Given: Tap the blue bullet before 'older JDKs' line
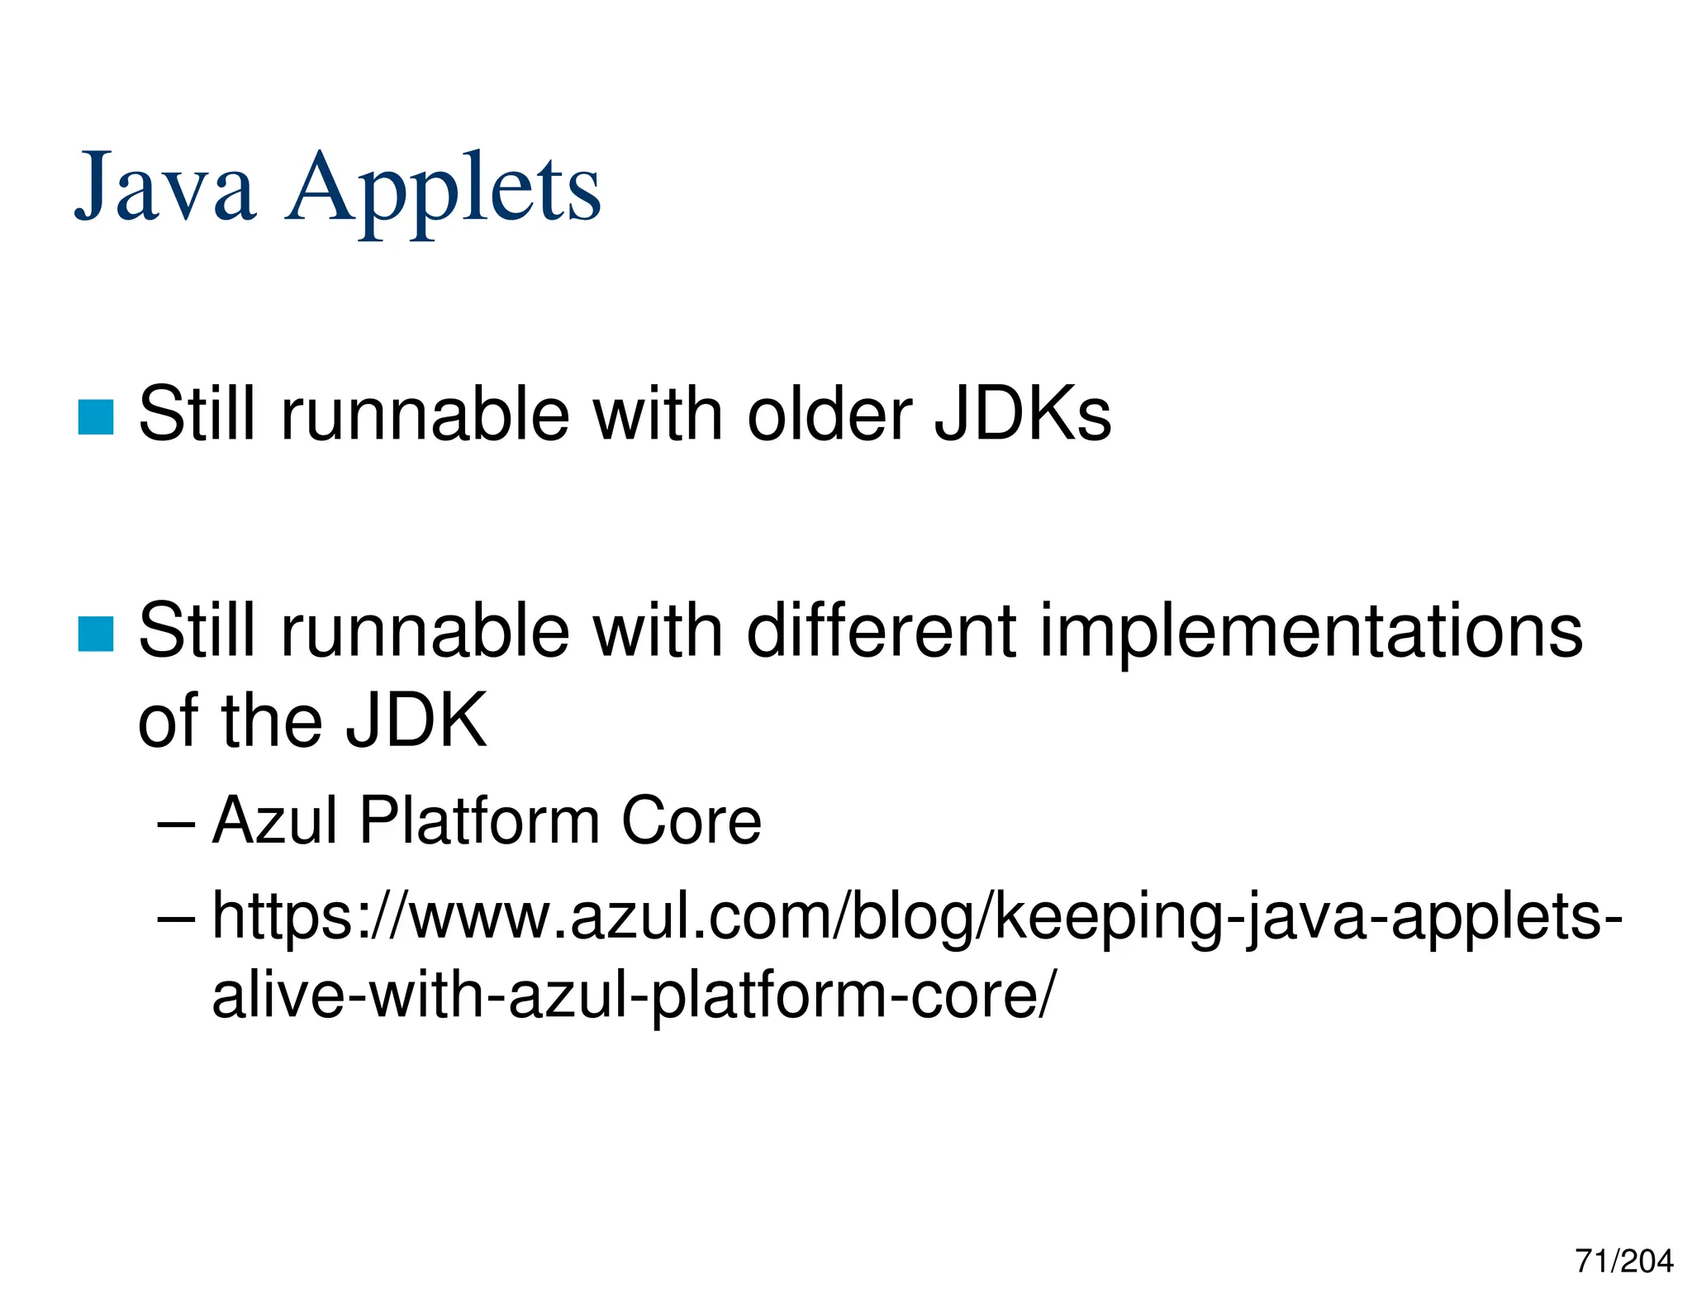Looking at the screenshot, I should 95,416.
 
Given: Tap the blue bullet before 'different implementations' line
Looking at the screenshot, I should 95,634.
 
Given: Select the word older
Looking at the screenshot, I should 829,415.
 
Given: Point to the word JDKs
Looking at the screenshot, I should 1023,415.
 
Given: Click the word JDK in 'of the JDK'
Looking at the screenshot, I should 416,721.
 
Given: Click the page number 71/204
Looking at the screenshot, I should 1623,1262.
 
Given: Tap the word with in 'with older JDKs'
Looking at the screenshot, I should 658,415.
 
